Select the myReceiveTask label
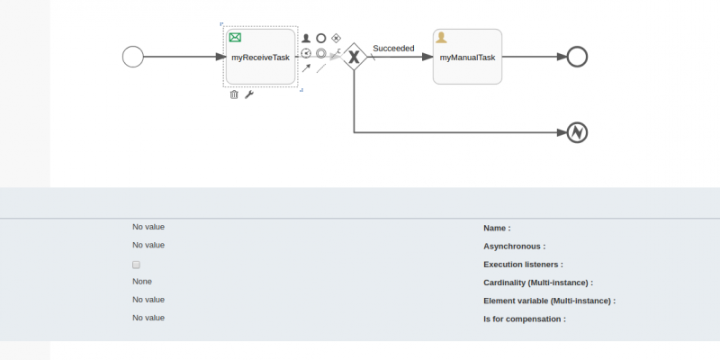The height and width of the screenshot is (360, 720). pos(260,58)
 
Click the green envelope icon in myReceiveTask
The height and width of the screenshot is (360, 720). pos(235,37)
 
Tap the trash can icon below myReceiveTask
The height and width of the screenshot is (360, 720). pos(234,94)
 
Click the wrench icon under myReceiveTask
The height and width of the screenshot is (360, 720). pos(249,94)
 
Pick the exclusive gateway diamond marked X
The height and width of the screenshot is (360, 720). pos(354,57)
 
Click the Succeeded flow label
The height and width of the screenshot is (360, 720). pos(393,49)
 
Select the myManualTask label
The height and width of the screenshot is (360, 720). pos(467,58)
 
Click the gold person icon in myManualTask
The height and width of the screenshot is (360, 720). pos(441,37)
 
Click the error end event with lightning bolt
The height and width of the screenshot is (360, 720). pos(577,132)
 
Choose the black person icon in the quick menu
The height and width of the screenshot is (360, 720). pos(306,38)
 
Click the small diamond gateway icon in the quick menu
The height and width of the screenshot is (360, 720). pos(336,38)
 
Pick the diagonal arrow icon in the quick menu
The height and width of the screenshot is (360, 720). pos(306,68)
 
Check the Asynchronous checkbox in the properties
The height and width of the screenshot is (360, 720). pos(136,265)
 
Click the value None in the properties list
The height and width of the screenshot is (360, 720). pos(142,282)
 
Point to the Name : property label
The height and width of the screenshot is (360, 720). pos(497,229)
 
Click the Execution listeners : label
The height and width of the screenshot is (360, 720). pos(523,265)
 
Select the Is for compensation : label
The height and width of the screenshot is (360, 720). pos(525,319)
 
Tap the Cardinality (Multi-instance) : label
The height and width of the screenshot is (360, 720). pos(538,283)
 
